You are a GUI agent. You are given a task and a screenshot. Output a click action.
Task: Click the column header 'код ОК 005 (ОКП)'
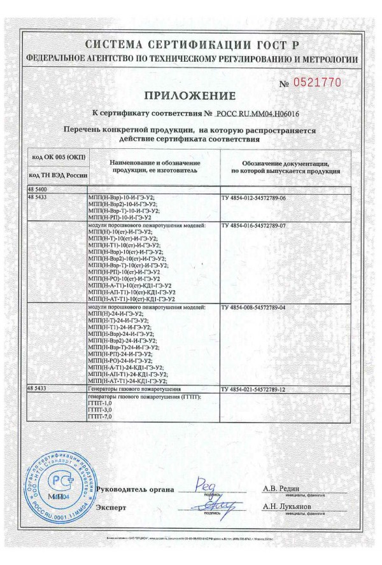tap(57, 157)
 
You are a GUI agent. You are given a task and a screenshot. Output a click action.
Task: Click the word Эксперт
tap(111, 507)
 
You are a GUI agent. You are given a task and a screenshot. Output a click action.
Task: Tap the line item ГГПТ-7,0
tap(99, 416)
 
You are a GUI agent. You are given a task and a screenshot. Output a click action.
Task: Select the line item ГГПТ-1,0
tap(99, 402)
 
